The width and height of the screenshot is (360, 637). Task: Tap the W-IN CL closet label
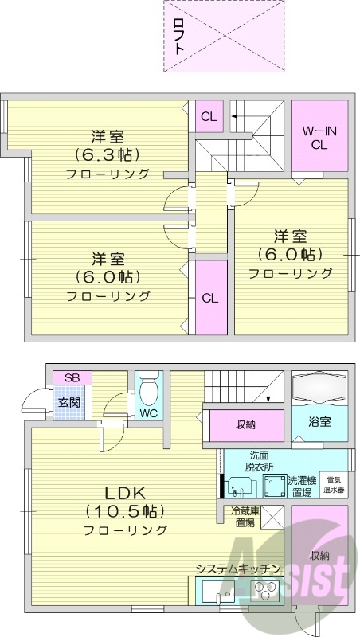click(319, 137)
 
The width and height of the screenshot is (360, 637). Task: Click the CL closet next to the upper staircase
click(209, 117)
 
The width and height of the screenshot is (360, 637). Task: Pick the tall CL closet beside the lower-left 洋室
click(209, 299)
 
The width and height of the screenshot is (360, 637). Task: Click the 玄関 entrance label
click(68, 402)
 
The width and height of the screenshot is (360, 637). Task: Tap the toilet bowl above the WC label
click(148, 391)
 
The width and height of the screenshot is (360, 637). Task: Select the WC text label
click(148, 414)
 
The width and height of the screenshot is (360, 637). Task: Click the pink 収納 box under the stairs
click(245, 424)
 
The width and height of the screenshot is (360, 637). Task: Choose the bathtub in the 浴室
click(319, 388)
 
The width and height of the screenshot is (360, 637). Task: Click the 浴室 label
click(319, 424)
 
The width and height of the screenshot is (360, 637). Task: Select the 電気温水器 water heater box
click(334, 485)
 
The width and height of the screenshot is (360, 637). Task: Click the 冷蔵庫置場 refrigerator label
click(243, 517)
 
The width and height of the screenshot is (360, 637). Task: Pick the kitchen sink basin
click(215, 593)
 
